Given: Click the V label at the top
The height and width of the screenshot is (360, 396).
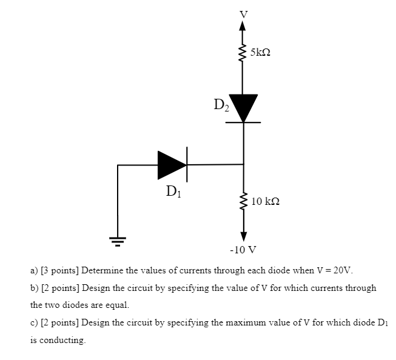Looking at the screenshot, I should click(x=243, y=13).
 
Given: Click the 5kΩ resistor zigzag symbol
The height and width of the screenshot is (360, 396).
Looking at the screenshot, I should click(x=243, y=53).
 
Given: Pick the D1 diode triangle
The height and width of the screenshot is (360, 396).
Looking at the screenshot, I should click(x=172, y=164).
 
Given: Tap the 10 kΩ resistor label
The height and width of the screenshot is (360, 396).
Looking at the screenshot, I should click(x=266, y=201).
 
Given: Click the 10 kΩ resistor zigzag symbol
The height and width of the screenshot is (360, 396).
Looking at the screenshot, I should click(x=243, y=201).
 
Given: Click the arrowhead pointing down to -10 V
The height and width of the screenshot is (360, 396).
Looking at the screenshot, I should click(x=243, y=235).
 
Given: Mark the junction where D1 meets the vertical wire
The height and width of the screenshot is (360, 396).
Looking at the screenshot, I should click(x=243, y=164).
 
